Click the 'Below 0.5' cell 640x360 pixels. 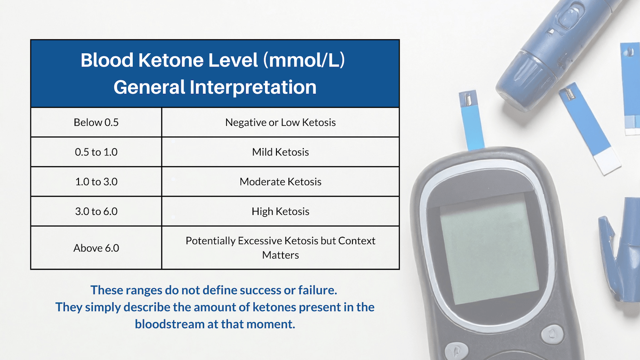click(x=96, y=122)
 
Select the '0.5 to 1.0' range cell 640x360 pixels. click(x=96, y=152)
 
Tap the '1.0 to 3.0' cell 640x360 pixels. click(x=96, y=182)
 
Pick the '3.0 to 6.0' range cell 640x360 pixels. click(x=96, y=211)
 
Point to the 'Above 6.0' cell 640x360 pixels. click(x=96, y=248)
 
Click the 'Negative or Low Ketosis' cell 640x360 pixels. click(x=280, y=122)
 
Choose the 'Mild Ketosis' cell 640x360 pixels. click(x=280, y=152)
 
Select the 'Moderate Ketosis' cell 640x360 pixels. click(x=280, y=182)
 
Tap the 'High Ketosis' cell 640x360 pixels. click(x=280, y=211)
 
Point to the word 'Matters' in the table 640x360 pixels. click(x=280, y=255)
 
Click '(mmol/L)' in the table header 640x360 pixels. click(x=304, y=60)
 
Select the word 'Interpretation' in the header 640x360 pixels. click(x=253, y=87)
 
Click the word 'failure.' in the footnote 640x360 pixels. click(x=317, y=290)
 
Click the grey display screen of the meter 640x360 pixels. click(x=489, y=247)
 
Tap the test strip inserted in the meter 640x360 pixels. click(x=471, y=122)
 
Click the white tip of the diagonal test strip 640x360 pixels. click(x=608, y=162)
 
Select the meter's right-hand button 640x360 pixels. click(x=553, y=334)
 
